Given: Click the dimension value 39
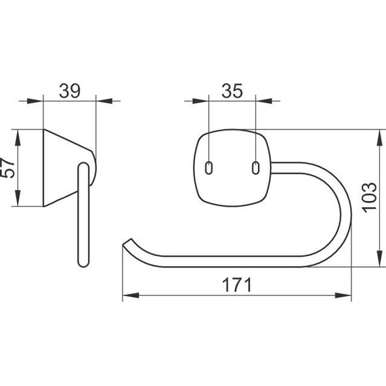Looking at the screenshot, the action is coord(70,91).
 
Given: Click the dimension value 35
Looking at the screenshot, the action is coord(232,91).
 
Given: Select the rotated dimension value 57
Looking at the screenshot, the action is coord(7,168).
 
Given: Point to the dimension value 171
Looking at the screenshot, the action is coord(237,285).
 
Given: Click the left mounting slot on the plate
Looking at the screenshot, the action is coord(209,168).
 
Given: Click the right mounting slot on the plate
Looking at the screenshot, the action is coord(256,168).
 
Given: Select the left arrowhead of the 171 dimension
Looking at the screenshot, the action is coord(131,295).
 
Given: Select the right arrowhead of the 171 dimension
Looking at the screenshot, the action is coord(343,295).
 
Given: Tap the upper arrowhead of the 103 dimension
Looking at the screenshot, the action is coord(380,137).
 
